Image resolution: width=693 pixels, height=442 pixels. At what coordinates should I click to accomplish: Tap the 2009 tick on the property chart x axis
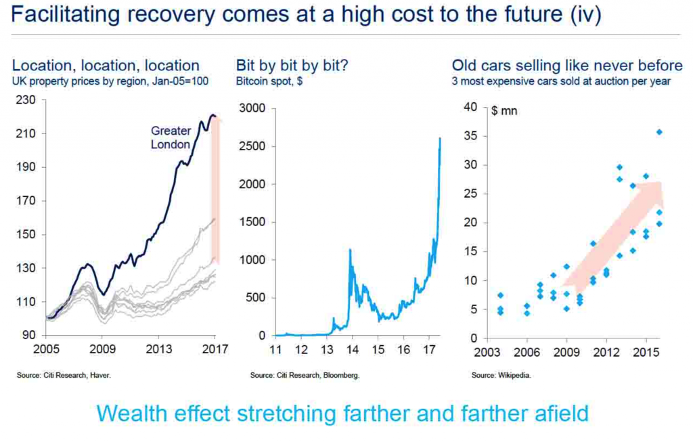[x=102, y=350]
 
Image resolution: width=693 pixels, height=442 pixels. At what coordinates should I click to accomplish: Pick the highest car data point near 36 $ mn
[x=659, y=132]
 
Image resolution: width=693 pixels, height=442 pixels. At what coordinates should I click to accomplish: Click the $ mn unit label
[x=504, y=110]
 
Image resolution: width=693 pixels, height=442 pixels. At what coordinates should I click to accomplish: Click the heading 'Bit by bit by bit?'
[x=292, y=66]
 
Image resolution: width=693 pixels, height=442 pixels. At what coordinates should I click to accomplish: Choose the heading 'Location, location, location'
[x=106, y=66]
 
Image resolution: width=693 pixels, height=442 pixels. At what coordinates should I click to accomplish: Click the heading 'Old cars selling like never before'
[x=567, y=66]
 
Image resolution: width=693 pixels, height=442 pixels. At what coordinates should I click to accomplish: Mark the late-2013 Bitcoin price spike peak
[x=349, y=250]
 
